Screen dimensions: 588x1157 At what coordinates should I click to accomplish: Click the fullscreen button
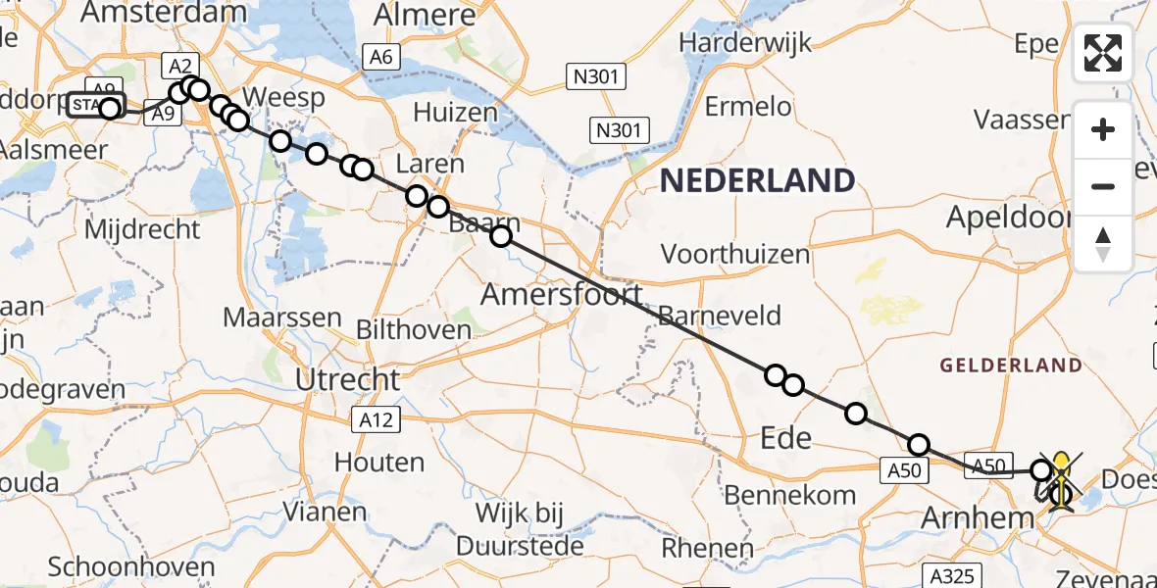(x=1103, y=53)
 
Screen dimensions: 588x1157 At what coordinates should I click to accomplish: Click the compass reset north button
(x=1103, y=243)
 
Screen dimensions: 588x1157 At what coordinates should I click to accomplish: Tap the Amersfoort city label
(x=562, y=294)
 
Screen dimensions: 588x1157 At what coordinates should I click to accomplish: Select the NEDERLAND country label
(x=757, y=180)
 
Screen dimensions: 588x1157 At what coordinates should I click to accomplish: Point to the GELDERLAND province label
(x=1011, y=366)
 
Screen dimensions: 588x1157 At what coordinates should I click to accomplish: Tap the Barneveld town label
(x=721, y=316)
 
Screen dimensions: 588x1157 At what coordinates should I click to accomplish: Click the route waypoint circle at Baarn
(x=501, y=235)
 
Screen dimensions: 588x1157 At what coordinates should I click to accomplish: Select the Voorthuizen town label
(x=735, y=255)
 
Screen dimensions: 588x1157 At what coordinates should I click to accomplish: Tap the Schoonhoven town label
(x=131, y=567)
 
